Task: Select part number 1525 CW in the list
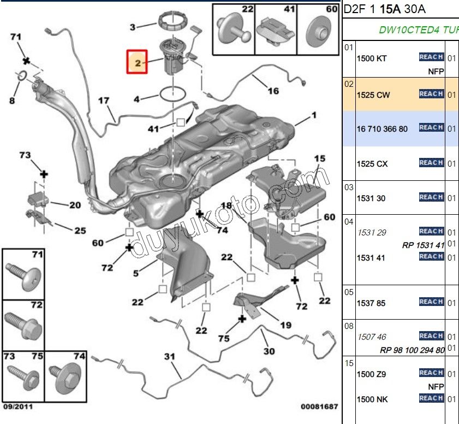[x=373, y=95]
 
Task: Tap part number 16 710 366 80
[x=382, y=128]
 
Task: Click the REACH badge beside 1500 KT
[x=431, y=57]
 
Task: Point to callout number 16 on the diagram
[x=273, y=91]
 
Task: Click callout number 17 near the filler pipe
[x=104, y=101]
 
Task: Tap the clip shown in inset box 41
[x=276, y=32]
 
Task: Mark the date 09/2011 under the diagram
[x=19, y=407]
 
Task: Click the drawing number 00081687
[x=319, y=407]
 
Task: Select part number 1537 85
[x=371, y=303]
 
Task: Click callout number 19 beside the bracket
[x=285, y=325]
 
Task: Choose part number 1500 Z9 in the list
[x=371, y=374]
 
